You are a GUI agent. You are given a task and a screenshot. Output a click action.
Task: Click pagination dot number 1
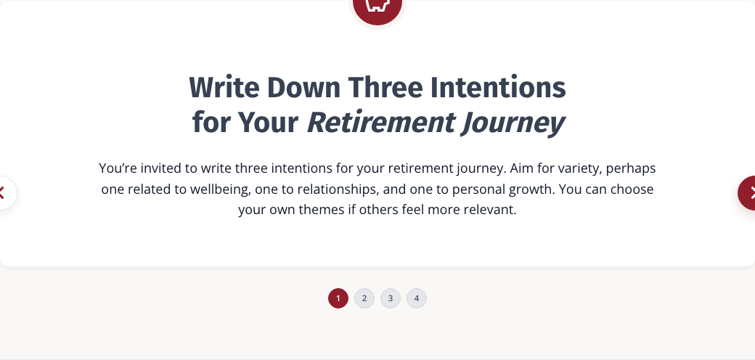point(338,298)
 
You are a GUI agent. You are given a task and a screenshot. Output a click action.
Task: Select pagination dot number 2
point(364,298)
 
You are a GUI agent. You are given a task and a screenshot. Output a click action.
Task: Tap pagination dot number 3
point(391,298)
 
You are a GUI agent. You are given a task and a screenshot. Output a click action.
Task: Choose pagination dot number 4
point(417,298)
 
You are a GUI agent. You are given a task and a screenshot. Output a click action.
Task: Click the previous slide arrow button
point(5,193)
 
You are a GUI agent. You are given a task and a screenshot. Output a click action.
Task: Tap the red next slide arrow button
point(748,193)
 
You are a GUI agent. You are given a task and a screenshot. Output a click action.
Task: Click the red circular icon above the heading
point(377,9)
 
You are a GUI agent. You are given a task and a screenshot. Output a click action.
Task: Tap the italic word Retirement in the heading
point(381,123)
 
